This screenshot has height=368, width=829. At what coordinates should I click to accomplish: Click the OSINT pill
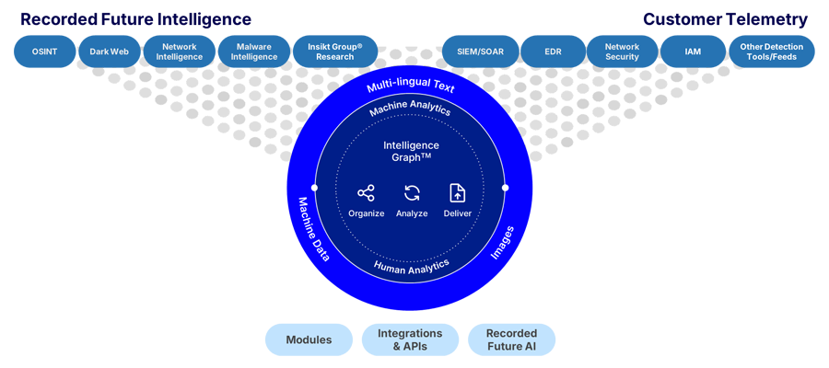(x=43, y=52)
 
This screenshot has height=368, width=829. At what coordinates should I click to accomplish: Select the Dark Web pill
(x=107, y=52)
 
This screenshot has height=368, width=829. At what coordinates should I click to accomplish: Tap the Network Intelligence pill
(x=179, y=52)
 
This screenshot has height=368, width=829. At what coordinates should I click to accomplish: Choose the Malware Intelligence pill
(x=254, y=52)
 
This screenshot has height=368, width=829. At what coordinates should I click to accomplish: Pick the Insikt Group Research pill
(x=334, y=52)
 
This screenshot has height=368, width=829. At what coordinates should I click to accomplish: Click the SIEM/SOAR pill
(x=478, y=52)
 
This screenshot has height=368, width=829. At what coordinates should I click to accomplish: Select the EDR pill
(x=553, y=52)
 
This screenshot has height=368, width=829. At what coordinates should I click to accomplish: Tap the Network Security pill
(x=622, y=52)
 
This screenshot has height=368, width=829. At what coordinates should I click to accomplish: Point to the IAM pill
(x=693, y=52)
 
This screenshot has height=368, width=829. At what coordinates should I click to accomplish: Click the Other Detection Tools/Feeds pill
(x=771, y=52)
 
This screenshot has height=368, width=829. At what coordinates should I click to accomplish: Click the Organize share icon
(x=366, y=193)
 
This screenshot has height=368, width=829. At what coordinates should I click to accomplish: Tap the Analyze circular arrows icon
(x=412, y=193)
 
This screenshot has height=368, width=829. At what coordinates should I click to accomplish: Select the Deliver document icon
(x=457, y=193)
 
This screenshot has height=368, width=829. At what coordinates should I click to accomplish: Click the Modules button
(x=309, y=339)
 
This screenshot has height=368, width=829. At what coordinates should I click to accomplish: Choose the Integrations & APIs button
(x=410, y=339)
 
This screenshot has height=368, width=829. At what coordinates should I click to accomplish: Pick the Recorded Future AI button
(x=511, y=339)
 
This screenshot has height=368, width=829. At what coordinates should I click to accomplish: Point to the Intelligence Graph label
(x=411, y=151)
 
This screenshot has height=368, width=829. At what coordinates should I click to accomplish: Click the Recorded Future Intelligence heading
(x=135, y=19)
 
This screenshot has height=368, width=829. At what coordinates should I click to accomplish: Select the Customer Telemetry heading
(x=725, y=19)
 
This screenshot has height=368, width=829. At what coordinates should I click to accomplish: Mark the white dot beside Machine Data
(x=315, y=188)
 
